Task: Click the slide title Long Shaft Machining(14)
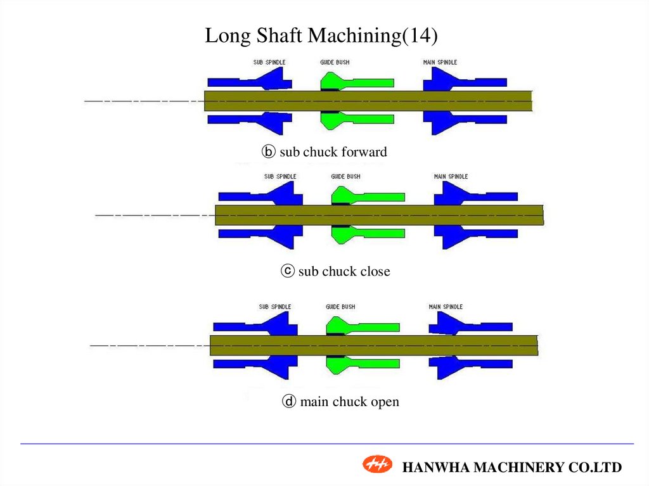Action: (x=321, y=36)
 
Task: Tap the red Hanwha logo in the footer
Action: (x=378, y=465)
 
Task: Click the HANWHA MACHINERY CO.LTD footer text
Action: (x=512, y=468)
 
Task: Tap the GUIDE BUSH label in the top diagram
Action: (x=335, y=62)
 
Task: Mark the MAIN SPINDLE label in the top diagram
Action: (x=440, y=62)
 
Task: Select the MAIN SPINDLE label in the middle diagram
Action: (x=451, y=176)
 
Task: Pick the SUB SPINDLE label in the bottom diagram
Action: (x=275, y=307)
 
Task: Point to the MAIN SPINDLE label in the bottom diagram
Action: (x=445, y=307)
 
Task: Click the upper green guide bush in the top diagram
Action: (x=355, y=82)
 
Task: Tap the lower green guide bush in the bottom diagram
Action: (x=361, y=364)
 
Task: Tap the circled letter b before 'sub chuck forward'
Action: (x=269, y=152)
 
